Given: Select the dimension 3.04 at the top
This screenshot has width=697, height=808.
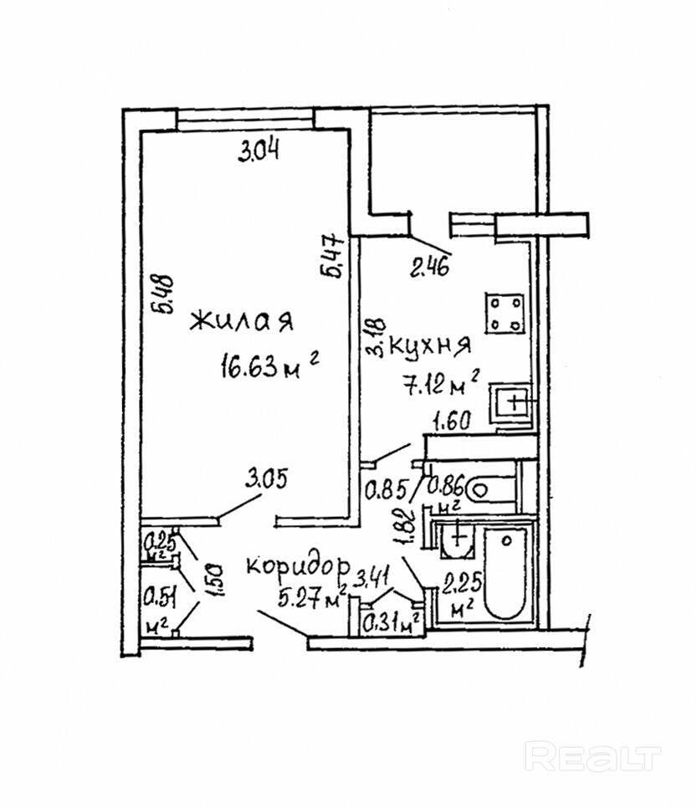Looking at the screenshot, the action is click(259, 151).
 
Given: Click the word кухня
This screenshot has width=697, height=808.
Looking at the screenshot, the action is click(432, 345).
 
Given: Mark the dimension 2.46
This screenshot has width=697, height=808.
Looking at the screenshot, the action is click(430, 268).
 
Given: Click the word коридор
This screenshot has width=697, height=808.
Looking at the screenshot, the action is click(297, 565).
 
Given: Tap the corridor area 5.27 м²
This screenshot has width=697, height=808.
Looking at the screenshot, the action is click(312, 599).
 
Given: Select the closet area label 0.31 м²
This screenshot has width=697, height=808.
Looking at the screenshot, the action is click(390, 621).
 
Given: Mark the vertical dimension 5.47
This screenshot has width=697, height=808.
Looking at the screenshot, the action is click(332, 256).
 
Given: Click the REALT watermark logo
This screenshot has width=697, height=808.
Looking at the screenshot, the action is click(592, 757).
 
